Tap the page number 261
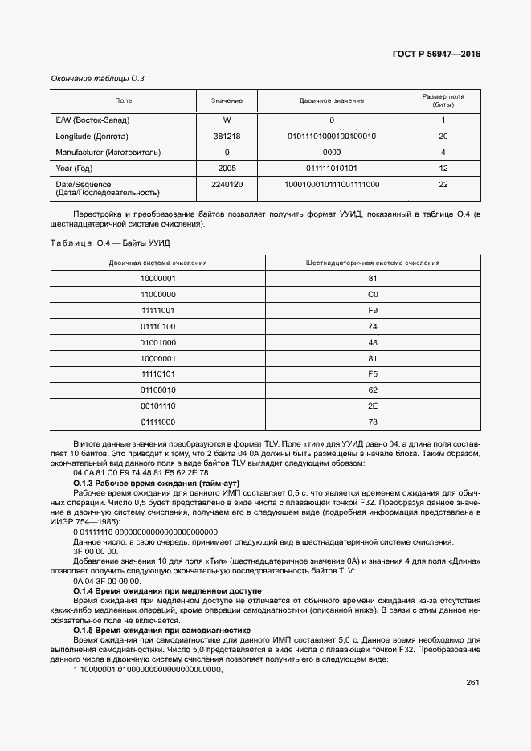(x=472, y=683)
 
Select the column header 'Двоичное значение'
(x=332, y=100)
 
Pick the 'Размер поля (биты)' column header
(x=443, y=100)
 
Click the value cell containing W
(x=227, y=120)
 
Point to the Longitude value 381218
(x=227, y=136)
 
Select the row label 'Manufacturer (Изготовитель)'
(x=108, y=152)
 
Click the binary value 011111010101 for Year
(x=332, y=168)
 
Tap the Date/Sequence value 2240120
(x=227, y=184)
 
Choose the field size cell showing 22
(x=443, y=184)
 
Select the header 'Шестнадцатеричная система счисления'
(x=373, y=263)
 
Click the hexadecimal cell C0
(x=373, y=295)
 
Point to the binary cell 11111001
(x=158, y=310)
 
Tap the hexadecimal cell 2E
(x=373, y=406)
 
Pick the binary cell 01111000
(x=158, y=422)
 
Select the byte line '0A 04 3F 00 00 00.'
(x=107, y=580)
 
